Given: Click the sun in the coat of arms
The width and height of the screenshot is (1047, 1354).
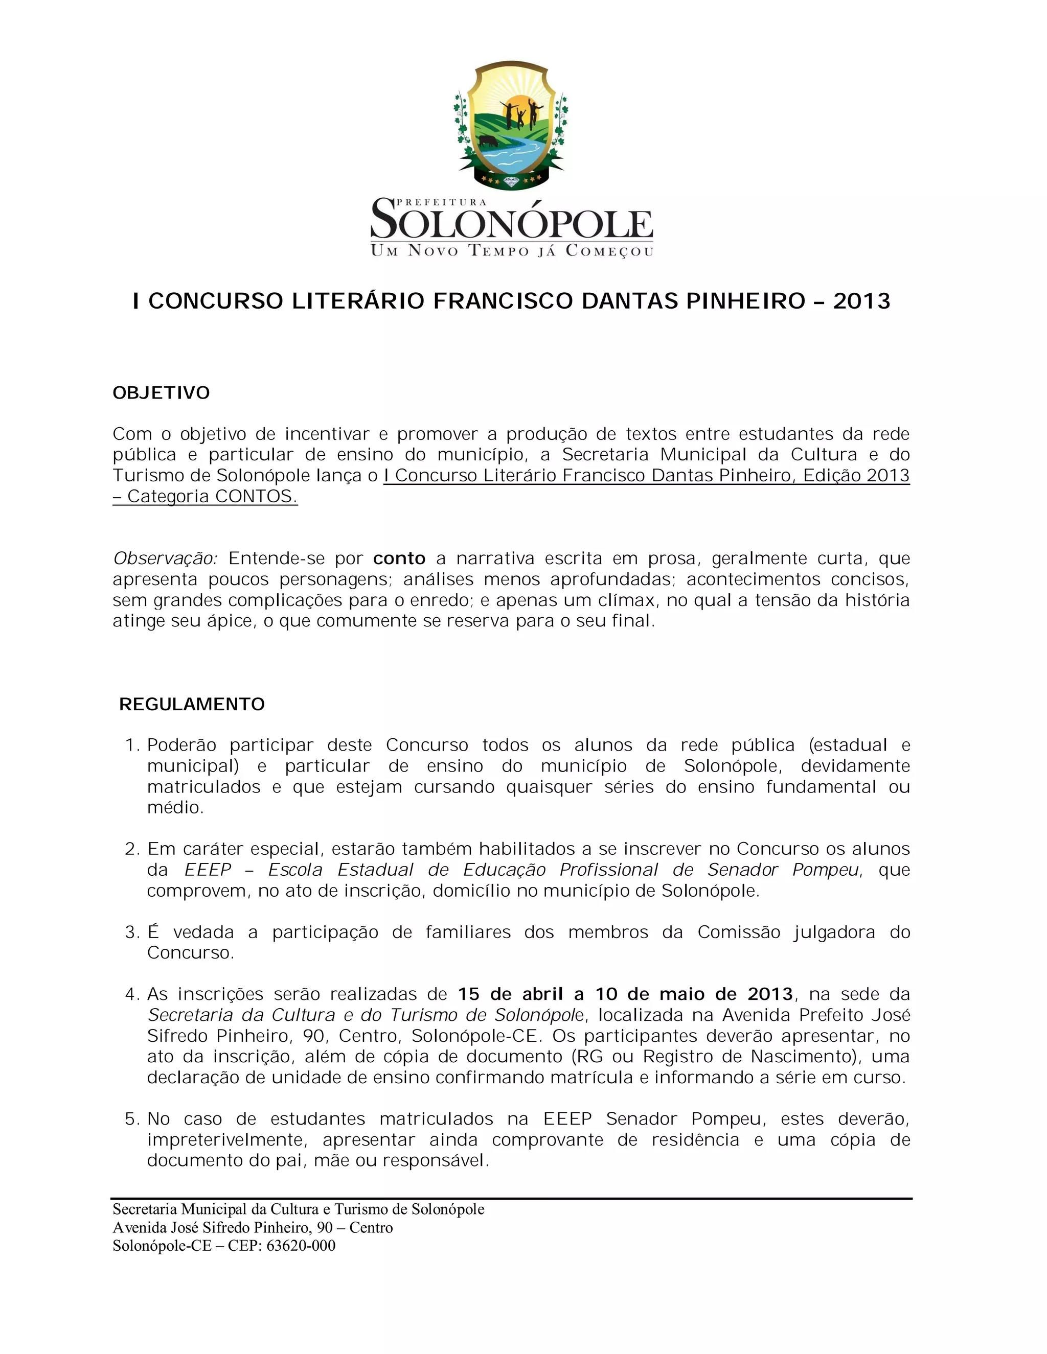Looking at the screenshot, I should [x=512, y=104].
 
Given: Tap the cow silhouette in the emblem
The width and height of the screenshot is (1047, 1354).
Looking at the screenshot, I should [x=488, y=141].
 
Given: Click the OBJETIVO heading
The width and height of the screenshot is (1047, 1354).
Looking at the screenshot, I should [x=161, y=393].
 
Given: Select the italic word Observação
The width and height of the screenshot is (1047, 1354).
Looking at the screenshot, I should [x=165, y=558].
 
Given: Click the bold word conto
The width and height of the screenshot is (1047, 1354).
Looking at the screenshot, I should [x=399, y=558].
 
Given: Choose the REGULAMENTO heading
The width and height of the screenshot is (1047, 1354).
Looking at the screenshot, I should [x=192, y=704].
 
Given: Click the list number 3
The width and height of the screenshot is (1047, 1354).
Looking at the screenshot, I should [x=131, y=932].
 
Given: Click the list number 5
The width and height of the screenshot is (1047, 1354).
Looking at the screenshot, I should [x=131, y=1119].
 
